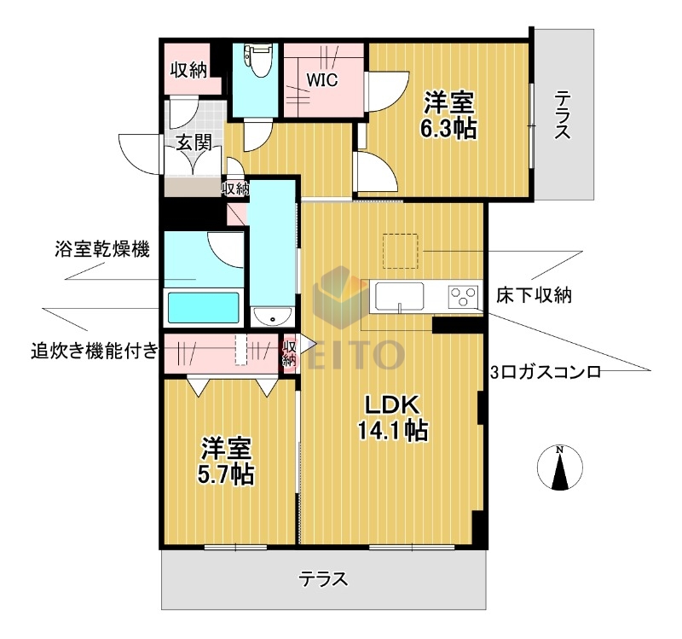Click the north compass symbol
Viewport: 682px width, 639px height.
(x=560, y=469)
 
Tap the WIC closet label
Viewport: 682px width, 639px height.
(x=323, y=81)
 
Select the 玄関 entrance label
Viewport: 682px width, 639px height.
(x=194, y=142)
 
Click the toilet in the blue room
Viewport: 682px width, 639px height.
(x=257, y=60)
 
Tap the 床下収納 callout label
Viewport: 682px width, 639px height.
(x=534, y=296)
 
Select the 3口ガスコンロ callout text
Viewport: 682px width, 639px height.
(x=546, y=372)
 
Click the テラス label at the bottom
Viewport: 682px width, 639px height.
(x=323, y=580)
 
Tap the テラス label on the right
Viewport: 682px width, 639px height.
(x=562, y=115)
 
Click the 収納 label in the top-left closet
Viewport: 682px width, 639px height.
(x=188, y=71)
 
